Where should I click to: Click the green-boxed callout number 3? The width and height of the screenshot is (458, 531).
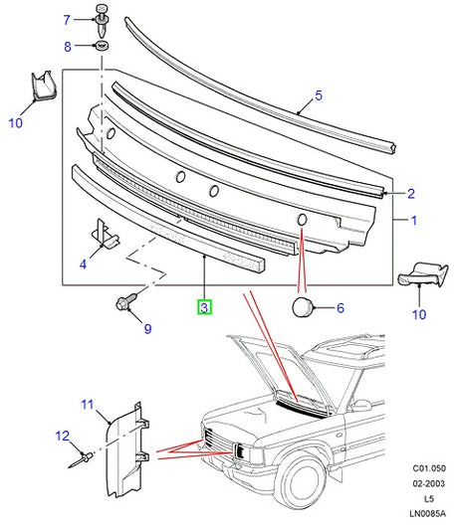pos(204,307)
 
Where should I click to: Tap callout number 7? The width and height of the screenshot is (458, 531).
pos(67,20)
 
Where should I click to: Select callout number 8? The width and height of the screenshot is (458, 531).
pos(68,47)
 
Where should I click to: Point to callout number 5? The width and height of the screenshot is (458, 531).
pos(319,95)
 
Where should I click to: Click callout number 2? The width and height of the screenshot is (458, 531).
pos(411,193)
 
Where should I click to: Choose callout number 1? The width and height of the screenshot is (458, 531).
pos(413,221)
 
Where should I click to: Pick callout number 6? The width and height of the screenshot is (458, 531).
pos(341,308)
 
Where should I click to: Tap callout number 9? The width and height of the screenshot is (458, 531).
pos(147,329)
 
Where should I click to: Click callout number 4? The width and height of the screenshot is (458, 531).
pos(83,264)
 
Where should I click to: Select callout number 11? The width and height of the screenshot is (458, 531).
pos(88,405)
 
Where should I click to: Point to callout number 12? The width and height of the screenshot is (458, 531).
pos(63,436)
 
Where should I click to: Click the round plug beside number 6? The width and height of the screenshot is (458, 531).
pos(302,307)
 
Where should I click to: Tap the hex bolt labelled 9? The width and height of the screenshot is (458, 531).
pos(126,301)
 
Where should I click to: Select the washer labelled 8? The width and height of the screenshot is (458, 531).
pos(101,45)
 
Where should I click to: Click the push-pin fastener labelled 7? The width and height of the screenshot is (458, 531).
pos(102,21)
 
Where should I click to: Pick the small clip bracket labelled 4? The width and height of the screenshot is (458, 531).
pos(106,234)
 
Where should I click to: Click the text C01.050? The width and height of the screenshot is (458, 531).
pos(429,468)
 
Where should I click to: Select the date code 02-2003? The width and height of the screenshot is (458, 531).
pos(428,483)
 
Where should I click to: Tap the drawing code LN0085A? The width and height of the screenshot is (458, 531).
pos(427,513)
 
